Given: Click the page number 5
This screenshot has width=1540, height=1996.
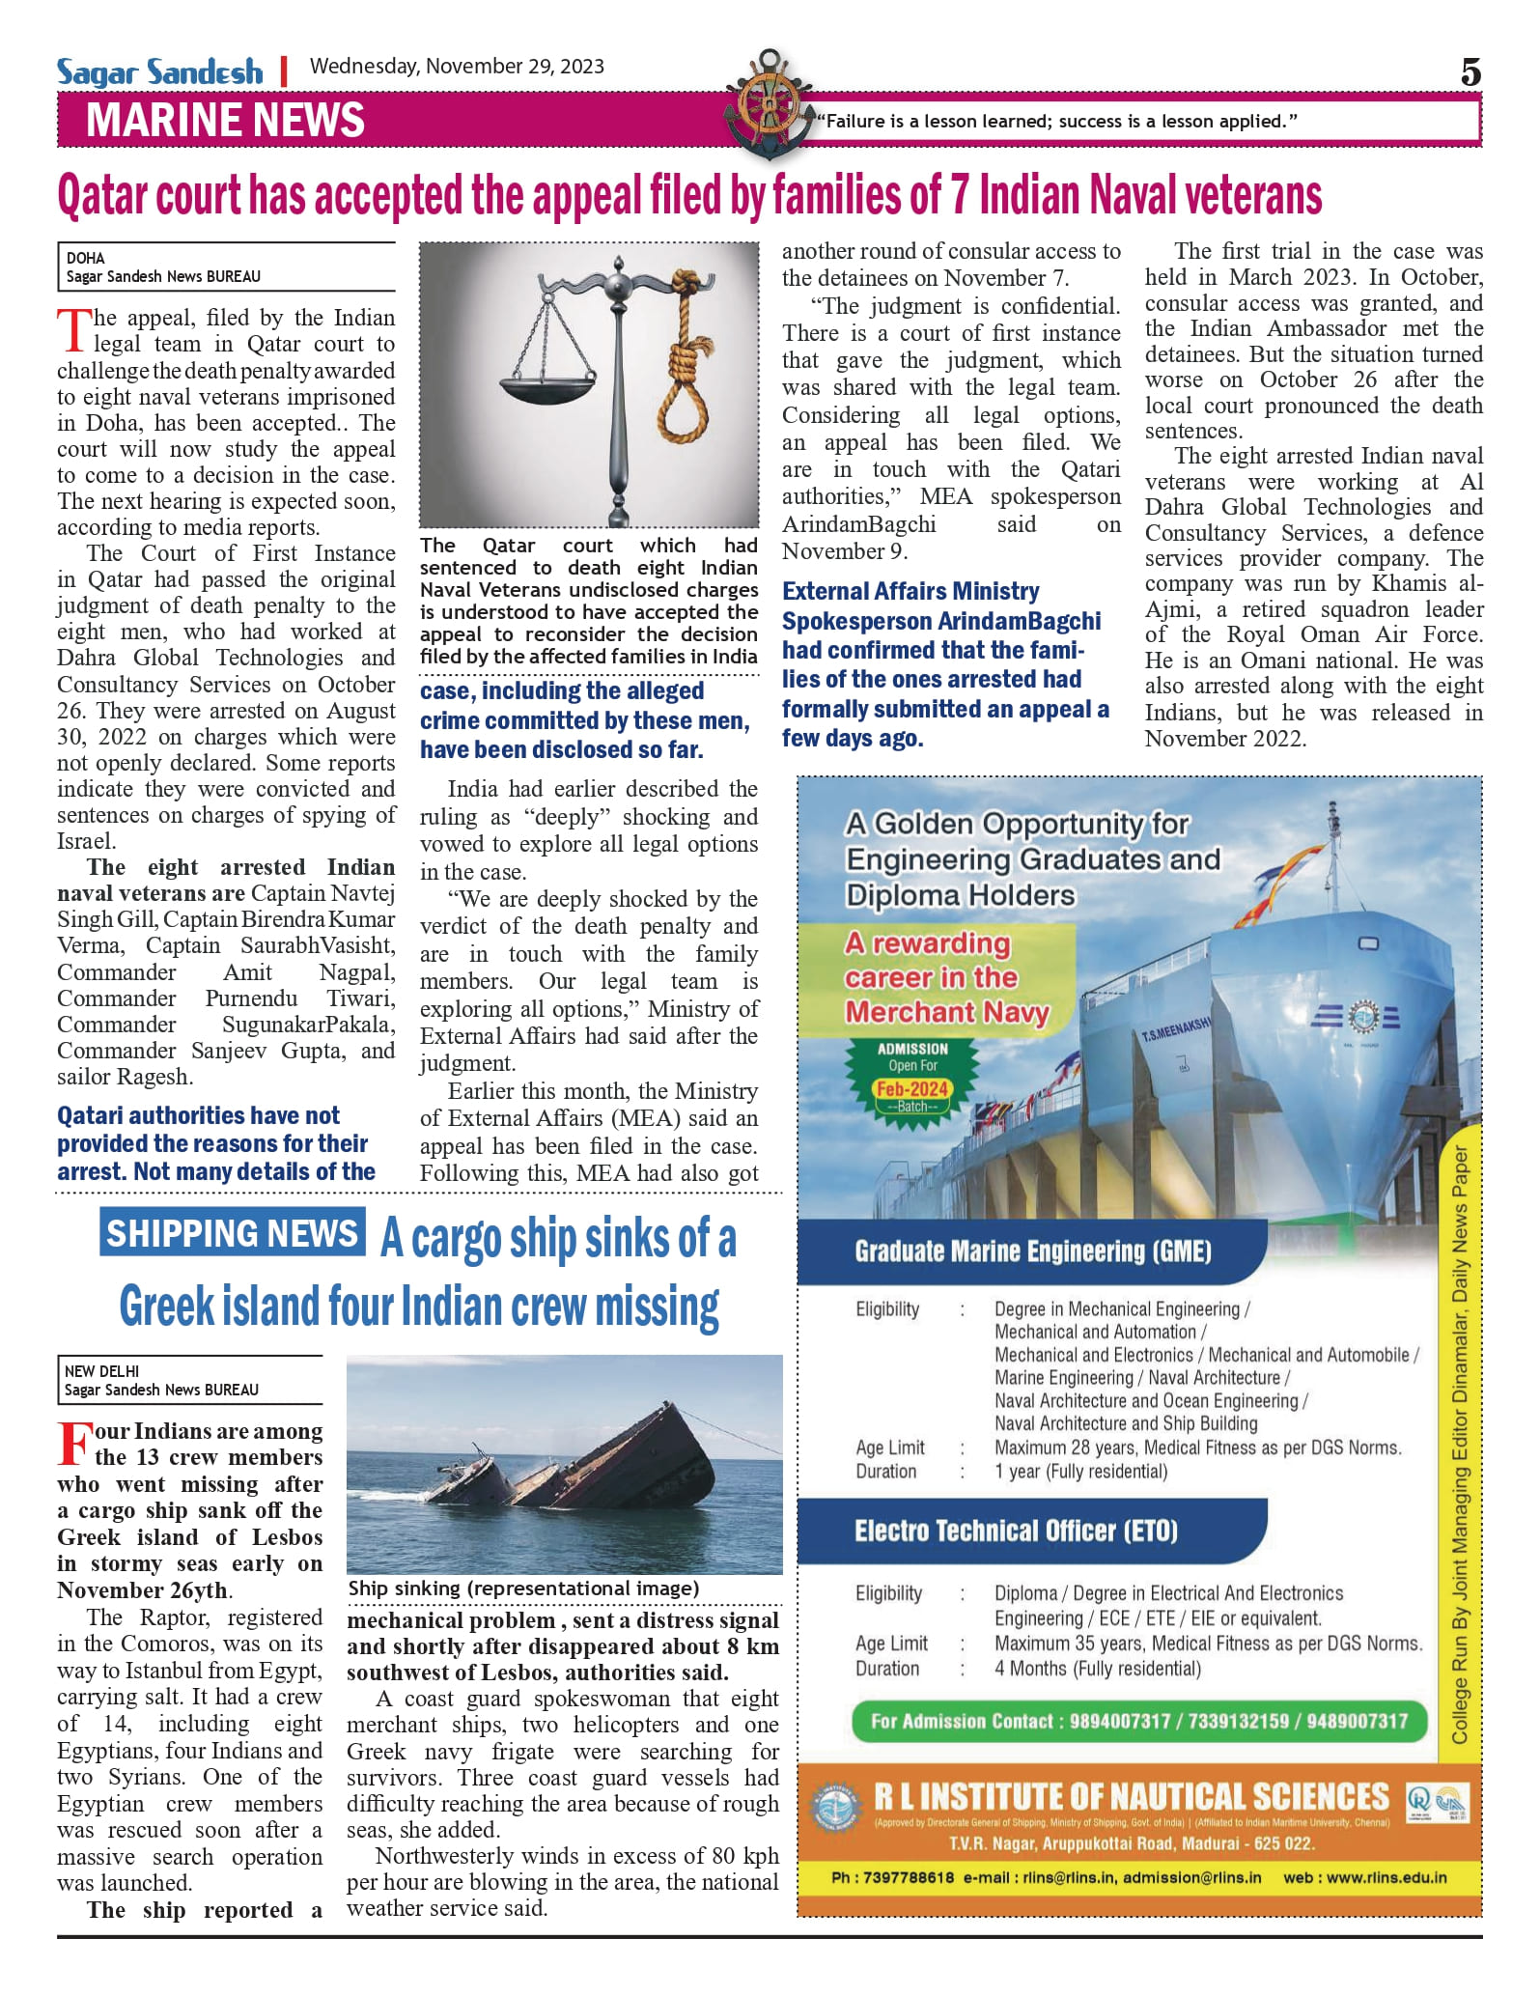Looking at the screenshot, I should [1470, 72].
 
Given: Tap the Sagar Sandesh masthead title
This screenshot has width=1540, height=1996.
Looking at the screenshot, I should [159, 71].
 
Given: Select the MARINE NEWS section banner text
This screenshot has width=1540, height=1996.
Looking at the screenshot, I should [225, 121].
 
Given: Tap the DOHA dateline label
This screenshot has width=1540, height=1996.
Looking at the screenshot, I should [85, 258].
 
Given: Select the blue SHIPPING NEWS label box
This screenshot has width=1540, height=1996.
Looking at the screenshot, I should [232, 1233].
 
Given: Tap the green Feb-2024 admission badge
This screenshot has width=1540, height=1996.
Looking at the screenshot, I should [912, 1082].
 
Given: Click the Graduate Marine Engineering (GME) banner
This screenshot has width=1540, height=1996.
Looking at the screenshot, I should [1032, 1251].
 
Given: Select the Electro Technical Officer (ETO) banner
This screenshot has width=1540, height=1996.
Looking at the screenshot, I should [1016, 1532].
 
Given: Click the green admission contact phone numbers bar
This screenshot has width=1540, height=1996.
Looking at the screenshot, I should [1138, 1721].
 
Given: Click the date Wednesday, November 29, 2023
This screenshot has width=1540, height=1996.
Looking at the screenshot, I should [457, 67].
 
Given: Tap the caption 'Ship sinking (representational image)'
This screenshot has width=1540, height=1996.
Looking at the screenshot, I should [523, 1588].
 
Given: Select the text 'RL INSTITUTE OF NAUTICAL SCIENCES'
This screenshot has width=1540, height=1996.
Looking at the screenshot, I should [1131, 1797].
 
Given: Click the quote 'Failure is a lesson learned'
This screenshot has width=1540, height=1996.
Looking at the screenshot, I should [1056, 122].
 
